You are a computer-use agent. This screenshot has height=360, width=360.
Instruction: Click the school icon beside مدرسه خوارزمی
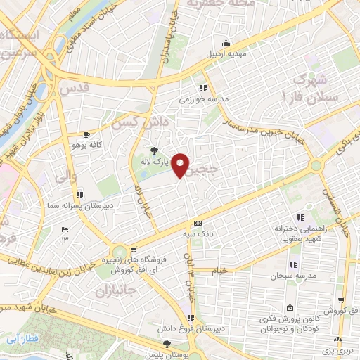coord(203,88)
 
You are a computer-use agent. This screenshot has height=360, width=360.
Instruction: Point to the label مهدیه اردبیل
coord(224,53)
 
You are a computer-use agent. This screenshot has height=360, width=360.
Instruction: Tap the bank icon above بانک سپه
coord(198,223)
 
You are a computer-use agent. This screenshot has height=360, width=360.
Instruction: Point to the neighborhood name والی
coord(65,177)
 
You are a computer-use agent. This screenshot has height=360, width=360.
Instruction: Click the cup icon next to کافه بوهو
coord(86,134)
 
